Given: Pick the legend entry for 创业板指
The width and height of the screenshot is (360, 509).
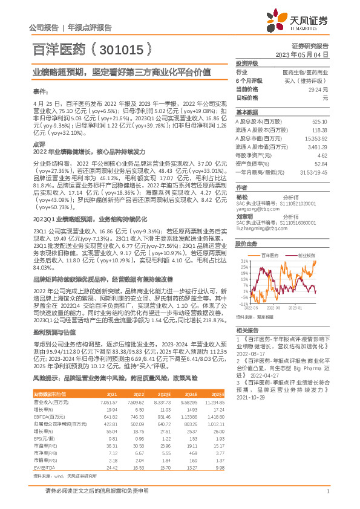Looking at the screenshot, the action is point(306,256).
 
